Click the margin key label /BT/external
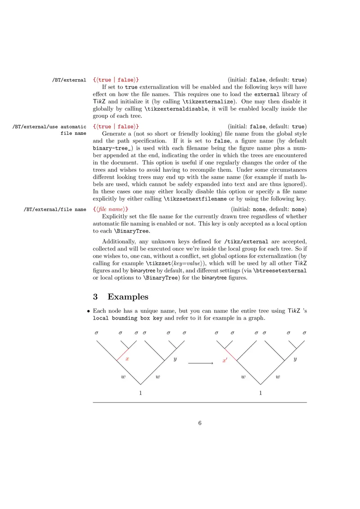(x=69, y=80)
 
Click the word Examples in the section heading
(x=128, y=297)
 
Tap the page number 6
(x=200, y=423)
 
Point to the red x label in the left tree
(x=127, y=359)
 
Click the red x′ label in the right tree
(x=225, y=361)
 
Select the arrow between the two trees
(x=200, y=362)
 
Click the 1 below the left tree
(x=141, y=393)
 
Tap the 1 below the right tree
(x=261, y=393)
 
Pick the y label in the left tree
(x=175, y=360)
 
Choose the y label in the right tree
(x=295, y=360)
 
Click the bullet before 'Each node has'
(x=89, y=311)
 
